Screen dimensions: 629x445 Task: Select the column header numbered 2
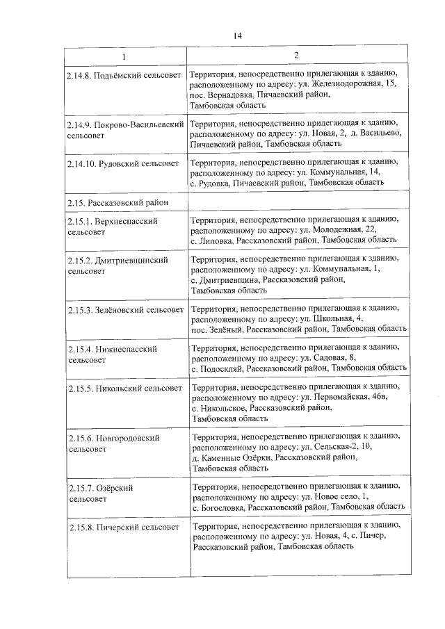[296, 56]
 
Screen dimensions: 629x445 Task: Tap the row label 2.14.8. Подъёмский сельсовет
[124, 73]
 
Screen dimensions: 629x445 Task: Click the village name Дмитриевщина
[229, 279]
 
